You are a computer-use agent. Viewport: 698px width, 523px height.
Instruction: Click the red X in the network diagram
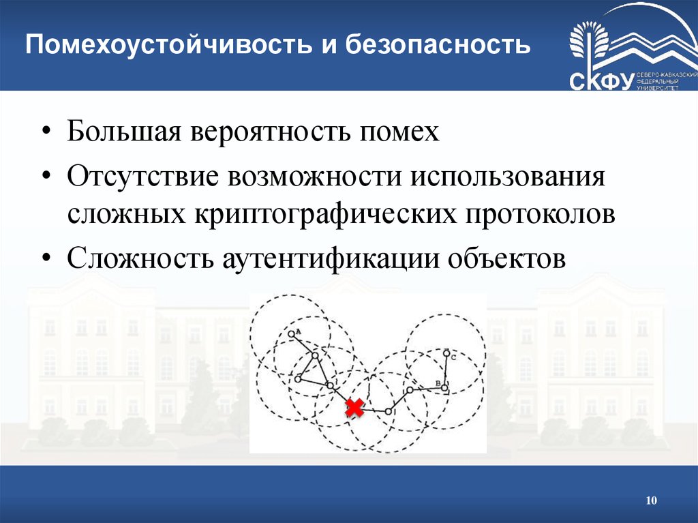coord(354,408)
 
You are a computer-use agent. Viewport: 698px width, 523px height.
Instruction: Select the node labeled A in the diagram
coord(292,333)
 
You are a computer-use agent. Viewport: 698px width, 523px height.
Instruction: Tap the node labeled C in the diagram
coord(446,354)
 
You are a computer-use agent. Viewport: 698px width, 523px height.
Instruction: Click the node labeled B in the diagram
coord(444,388)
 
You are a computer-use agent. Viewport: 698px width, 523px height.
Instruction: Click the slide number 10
coord(651,502)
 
